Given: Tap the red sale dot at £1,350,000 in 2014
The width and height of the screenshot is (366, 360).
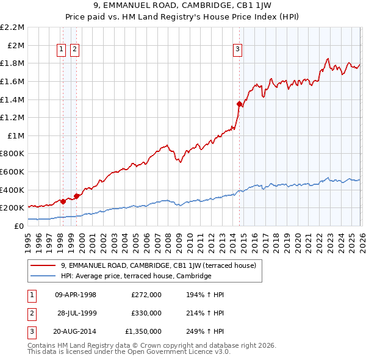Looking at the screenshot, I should pyautogui.click(x=239, y=104).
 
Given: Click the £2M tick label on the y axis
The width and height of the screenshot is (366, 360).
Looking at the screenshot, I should pyautogui.click(x=16, y=45).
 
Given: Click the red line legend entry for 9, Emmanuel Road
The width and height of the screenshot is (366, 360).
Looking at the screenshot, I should pyautogui.click(x=162, y=265).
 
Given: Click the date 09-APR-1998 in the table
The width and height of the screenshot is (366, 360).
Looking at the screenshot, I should pyautogui.click(x=76, y=295).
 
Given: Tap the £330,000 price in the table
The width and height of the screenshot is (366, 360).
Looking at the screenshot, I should pyautogui.click(x=146, y=313).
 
